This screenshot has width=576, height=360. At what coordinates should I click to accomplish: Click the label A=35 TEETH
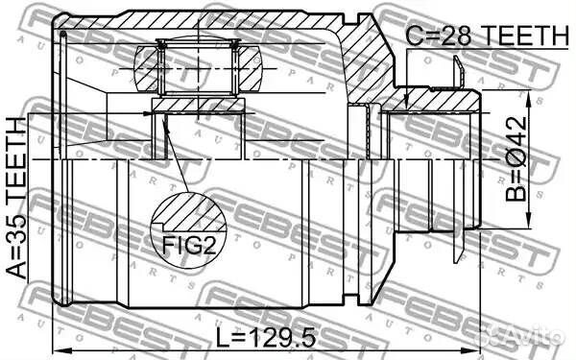[x=16, y=198]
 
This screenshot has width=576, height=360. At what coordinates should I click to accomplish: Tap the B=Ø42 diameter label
[x=516, y=159]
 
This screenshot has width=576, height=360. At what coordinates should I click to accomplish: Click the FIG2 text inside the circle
[x=189, y=245]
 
